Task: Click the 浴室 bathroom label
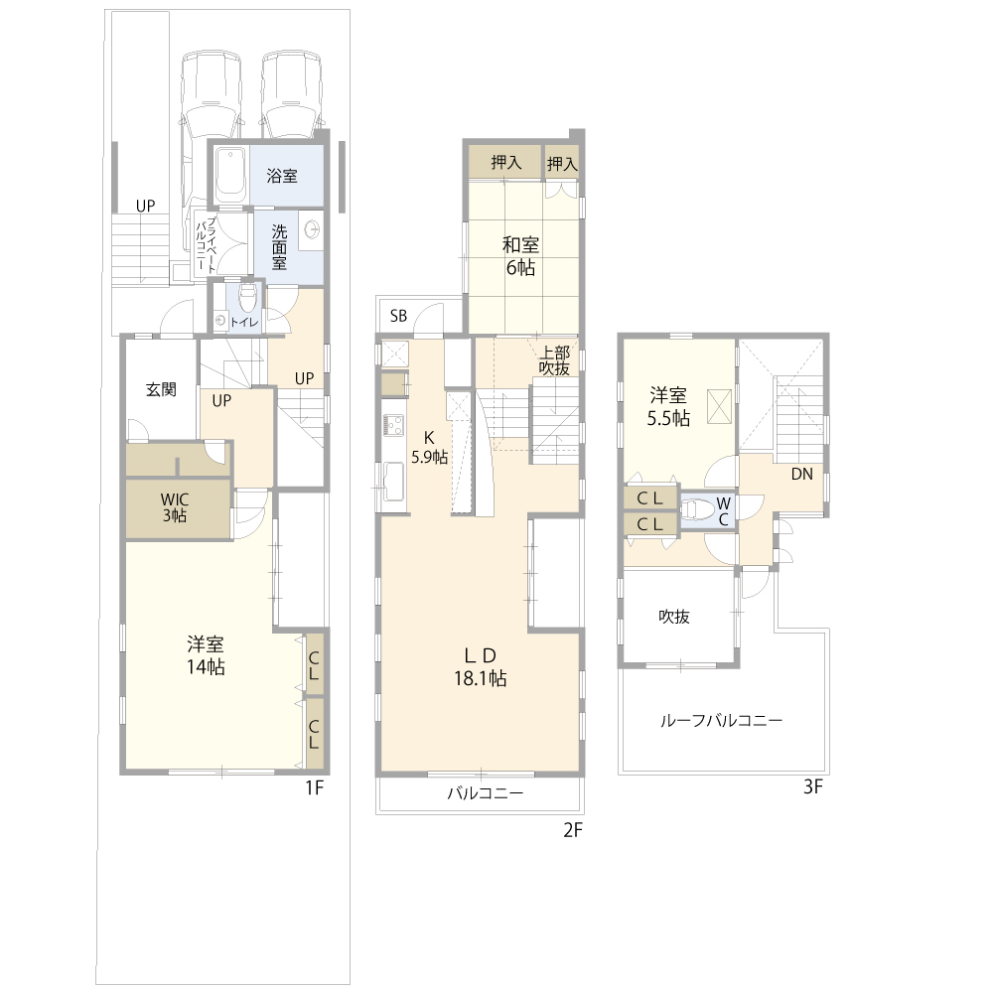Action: (x=282, y=176)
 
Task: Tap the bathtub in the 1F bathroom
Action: (x=230, y=175)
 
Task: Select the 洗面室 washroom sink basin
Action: (x=311, y=228)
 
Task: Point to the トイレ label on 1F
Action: (x=244, y=323)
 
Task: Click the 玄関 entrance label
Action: (x=161, y=389)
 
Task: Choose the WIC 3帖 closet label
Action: (x=175, y=507)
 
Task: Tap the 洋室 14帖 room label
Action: (x=206, y=655)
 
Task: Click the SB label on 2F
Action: (x=398, y=316)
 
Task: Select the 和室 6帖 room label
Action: (x=520, y=256)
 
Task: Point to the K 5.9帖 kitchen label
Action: (x=429, y=447)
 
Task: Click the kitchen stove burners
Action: (x=393, y=424)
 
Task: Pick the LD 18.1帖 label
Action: (x=480, y=667)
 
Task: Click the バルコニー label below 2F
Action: (x=486, y=792)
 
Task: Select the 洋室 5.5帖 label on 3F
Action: (x=668, y=407)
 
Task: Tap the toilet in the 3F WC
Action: (x=698, y=509)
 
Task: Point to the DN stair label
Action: (x=801, y=474)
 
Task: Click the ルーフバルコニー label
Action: (x=721, y=721)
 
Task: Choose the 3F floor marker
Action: (x=813, y=786)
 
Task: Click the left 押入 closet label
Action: (x=506, y=162)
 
